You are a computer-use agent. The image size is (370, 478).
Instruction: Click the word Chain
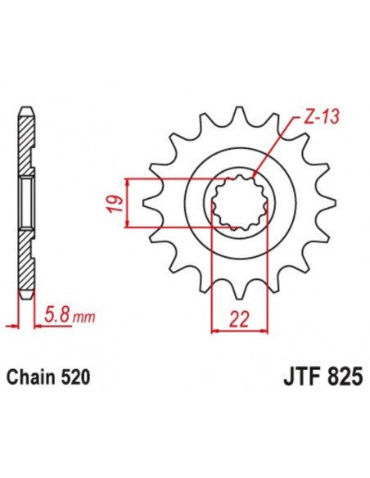[32, 377]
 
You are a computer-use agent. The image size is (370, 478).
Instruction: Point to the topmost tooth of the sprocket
[238, 115]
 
